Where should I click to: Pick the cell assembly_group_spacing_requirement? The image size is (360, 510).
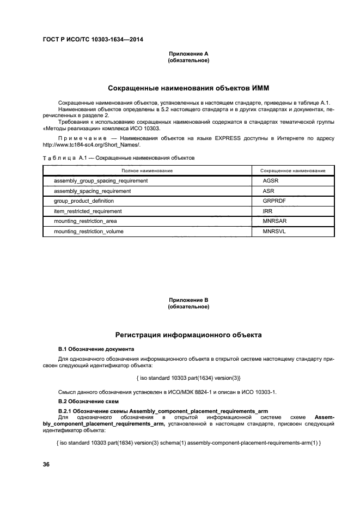(x=101, y=180)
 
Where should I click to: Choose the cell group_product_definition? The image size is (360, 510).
(x=84, y=201)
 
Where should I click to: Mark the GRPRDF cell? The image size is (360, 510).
(x=274, y=201)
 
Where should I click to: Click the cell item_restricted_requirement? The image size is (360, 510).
(x=88, y=211)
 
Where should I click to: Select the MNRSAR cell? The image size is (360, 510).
(x=274, y=221)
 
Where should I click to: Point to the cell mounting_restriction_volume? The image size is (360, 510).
(x=89, y=232)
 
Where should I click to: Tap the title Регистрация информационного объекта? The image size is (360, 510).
(x=188, y=335)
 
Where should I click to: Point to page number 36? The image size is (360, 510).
(x=47, y=464)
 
